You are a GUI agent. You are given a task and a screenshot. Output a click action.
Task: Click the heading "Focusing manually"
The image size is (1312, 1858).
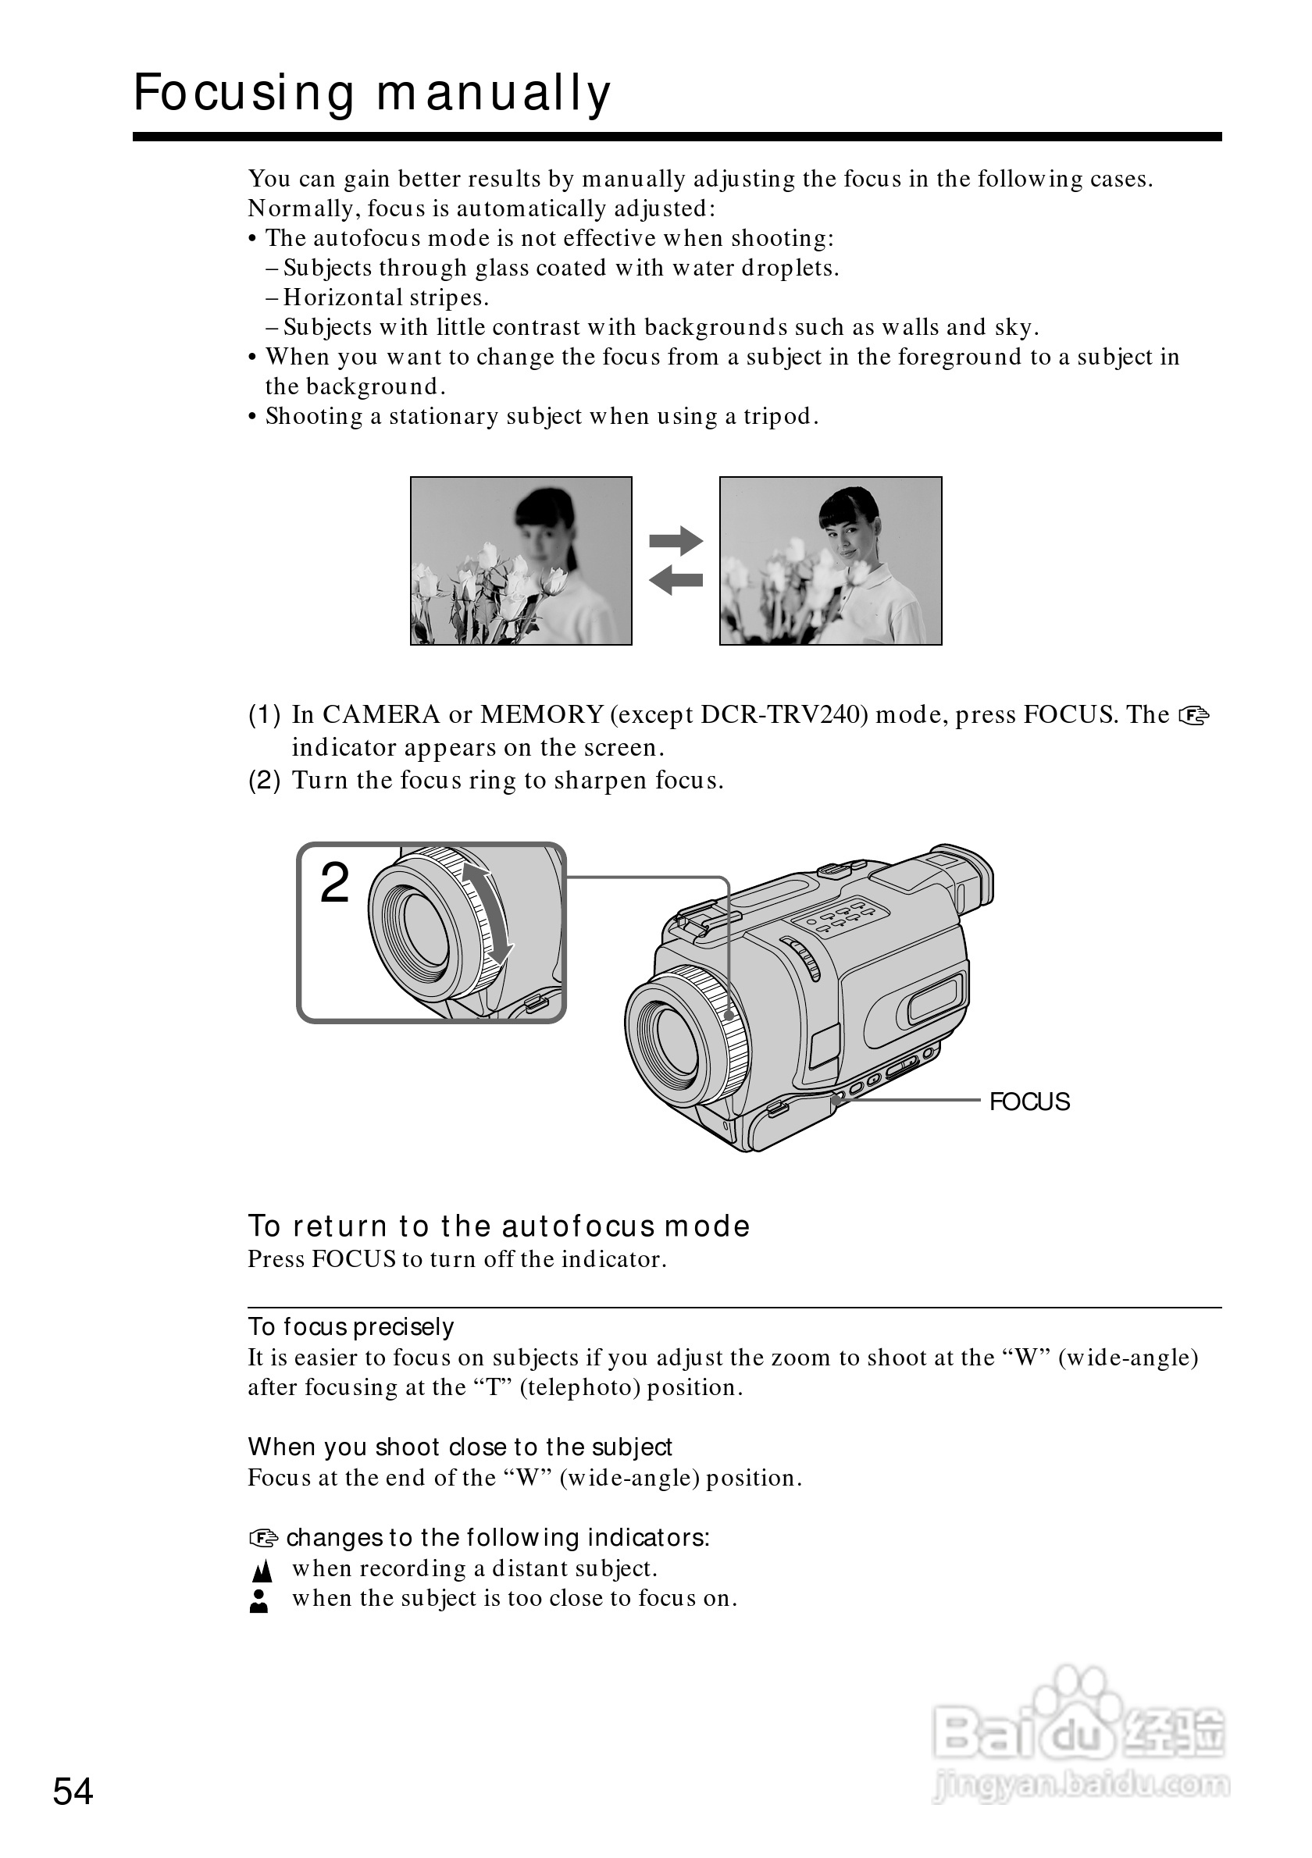[372, 93]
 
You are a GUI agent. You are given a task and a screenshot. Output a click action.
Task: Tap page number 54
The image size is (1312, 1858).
[73, 1791]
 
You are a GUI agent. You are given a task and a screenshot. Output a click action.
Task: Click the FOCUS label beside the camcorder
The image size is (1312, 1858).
[1029, 1102]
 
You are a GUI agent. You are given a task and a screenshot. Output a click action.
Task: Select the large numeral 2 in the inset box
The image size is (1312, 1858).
[334, 883]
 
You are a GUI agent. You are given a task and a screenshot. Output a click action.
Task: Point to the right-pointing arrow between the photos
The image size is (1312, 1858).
[676, 540]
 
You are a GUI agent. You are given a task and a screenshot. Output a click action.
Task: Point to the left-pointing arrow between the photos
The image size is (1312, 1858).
[676, 579]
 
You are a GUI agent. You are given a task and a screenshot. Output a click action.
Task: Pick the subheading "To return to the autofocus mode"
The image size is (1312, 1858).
[498, 1226]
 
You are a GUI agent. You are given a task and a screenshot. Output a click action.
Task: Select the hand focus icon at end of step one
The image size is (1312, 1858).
[1194, 715]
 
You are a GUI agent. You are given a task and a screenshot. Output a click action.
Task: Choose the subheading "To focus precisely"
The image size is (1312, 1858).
[351, 1327]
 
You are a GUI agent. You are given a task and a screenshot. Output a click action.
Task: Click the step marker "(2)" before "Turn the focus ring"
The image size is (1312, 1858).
[264, 781]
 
